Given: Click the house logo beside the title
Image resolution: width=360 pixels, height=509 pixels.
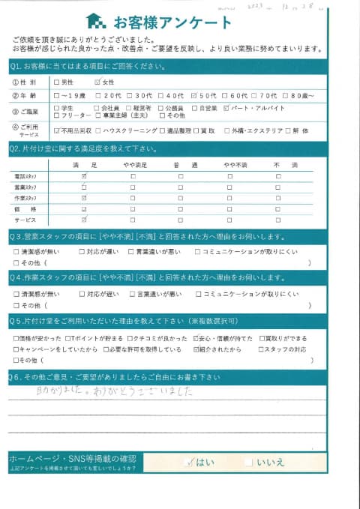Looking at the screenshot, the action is pos(95,21).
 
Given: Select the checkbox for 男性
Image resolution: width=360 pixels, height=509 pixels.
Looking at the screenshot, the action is pos(57,82).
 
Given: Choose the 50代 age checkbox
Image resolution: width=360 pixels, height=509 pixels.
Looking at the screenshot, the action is pos(195,96).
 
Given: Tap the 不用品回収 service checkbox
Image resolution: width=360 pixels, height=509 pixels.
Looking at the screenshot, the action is pos(57,130).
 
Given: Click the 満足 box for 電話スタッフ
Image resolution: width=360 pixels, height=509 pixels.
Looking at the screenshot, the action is pos(84,175).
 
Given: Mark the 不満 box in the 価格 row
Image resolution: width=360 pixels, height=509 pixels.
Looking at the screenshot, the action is pos(277,209).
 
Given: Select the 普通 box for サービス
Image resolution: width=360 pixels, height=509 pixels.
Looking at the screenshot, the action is pos(180,220).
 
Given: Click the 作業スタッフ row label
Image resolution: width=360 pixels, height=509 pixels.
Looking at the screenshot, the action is pos(26,198).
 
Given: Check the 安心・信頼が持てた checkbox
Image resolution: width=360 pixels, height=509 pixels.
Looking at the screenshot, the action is pos(196,338).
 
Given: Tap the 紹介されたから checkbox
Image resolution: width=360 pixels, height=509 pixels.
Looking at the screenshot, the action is pos(196,349).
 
